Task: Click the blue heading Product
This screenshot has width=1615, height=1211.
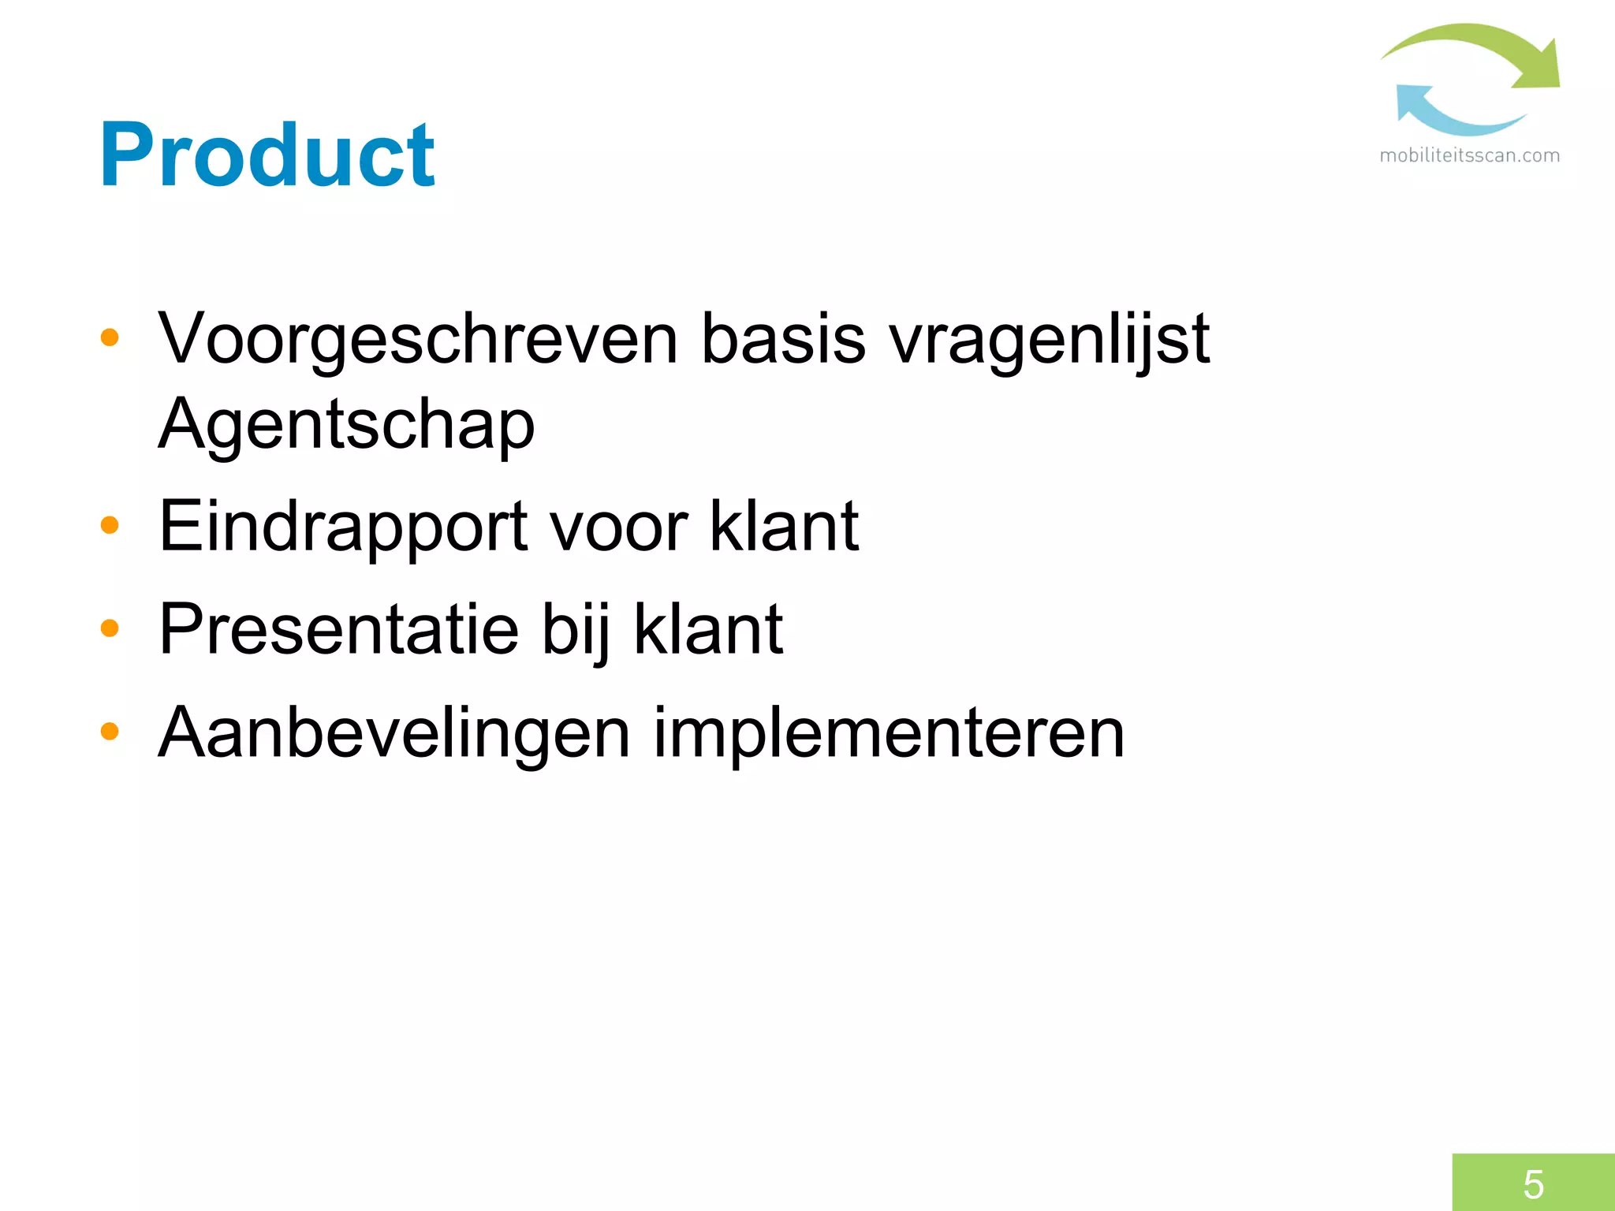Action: tap(267, 155)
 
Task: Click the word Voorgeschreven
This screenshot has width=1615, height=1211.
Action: tap(418, 339)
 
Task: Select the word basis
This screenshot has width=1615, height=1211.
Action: tap(783, 339)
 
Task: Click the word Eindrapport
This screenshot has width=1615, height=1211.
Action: tap(344, 527)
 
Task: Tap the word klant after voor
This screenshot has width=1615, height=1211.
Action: tap(784, 526)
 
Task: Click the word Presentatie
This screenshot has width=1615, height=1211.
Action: tap(339, 629)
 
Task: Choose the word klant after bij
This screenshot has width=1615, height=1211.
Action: tap(708, 629)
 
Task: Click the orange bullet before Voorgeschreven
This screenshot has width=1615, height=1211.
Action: tap(110, 338)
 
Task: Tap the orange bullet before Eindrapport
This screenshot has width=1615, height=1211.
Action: tap(110, 525)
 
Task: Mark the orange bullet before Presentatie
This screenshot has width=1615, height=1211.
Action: tap(110, 628)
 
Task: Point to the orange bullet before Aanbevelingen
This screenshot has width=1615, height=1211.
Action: tap(110, 732)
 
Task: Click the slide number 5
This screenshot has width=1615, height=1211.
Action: tap(1533, 1183)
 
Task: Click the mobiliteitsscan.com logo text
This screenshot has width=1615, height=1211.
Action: tap(1469, 155)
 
